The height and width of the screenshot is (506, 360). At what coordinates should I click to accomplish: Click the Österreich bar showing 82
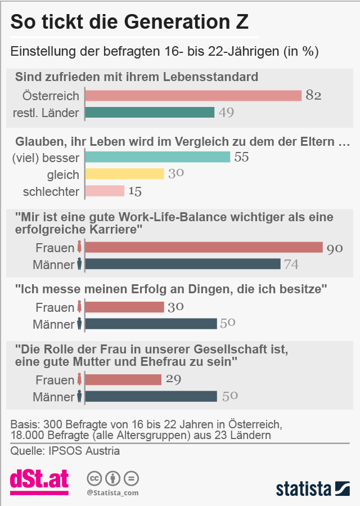tap(193, 96)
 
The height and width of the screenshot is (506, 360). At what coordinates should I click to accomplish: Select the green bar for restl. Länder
tap(150, 113)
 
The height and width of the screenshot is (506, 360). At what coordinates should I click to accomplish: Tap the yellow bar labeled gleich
tap(125, 174)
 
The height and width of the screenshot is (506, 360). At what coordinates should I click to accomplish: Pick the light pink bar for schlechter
tap(105, 191)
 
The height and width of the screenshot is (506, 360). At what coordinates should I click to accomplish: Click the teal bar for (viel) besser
tap(157, 157)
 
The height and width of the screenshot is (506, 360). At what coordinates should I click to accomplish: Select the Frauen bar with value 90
tap(204, 248)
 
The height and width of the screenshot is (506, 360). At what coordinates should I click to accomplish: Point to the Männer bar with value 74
tap(183, 264)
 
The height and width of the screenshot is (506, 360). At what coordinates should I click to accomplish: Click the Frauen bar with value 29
tap(123, 380)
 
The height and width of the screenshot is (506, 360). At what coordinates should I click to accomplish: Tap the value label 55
tap(241, 157)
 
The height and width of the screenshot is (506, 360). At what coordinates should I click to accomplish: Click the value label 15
tap(135, 191)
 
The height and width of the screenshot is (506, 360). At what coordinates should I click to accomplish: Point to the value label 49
tap(226, 113)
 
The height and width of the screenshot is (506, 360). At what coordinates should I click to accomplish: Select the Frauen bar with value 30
tap(125, 307)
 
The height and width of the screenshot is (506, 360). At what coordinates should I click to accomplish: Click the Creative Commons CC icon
tap(94, 478)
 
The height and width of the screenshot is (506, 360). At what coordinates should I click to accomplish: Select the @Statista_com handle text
tap(112, 493)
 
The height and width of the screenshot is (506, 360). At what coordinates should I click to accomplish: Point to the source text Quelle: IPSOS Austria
tap(65, 451)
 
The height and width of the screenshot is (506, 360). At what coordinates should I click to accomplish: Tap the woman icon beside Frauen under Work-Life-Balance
tap(79, 248)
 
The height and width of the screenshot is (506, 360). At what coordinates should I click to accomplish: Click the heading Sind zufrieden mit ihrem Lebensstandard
tap(137, 77)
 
